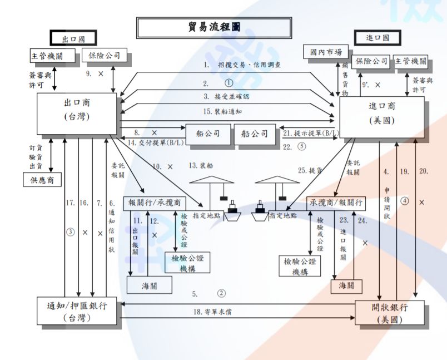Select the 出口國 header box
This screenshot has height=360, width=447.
[x=73, y=38]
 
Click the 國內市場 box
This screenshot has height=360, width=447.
[x=326, y=52]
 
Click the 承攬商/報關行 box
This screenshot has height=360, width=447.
[x=336, y=203]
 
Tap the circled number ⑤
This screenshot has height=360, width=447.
[x=302, y=147]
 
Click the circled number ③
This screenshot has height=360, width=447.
[x=70, y=233]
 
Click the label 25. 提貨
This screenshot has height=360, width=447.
[x=311, y=171]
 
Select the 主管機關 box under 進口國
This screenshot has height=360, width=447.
[x=411, y=61]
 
